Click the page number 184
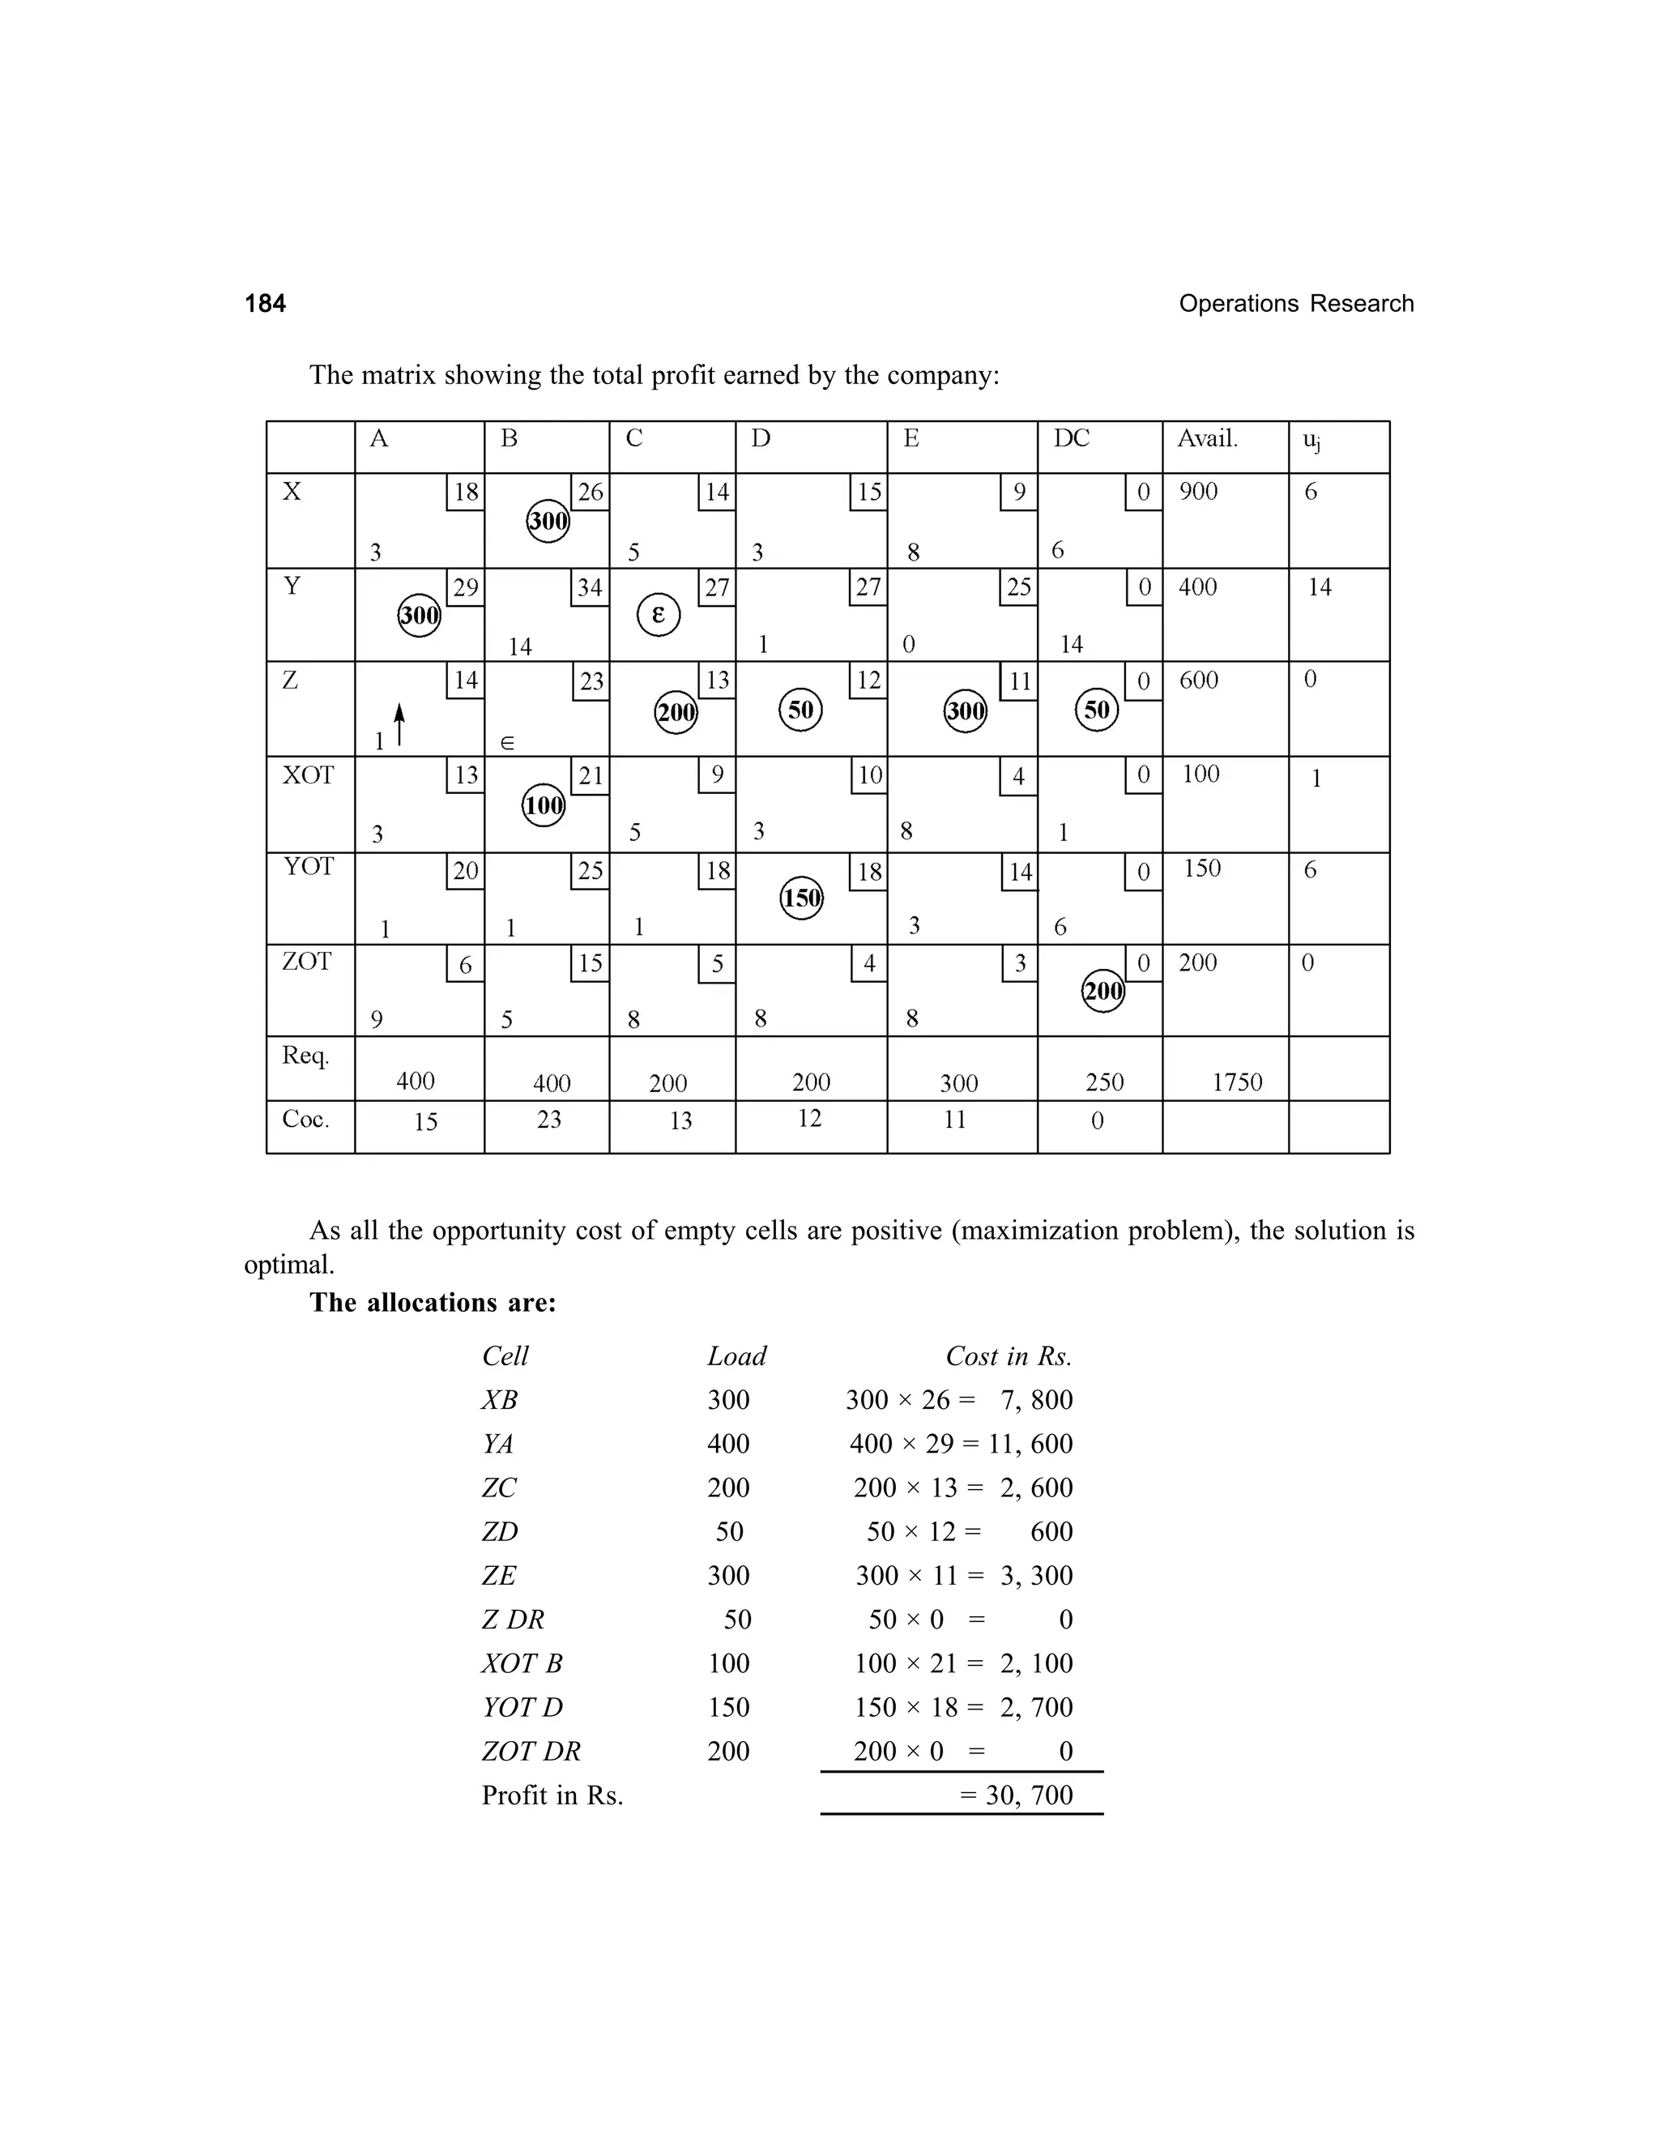pyautogui.click(x=266, y=304)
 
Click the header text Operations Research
pyautogui.click(x=1295, y=304)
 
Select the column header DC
pyautogui.click(x=1071, y=438)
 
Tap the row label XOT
pyautogui.click(x=308, y=775)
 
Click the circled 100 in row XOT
pyautogui.click(x=544, y=805)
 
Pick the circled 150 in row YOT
pyautogui.click(x=801, y=898)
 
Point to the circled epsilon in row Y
pyautogui.click(x=659, y=616)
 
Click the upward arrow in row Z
pyautogui.click(x=399, y=724)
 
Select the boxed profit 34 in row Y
pyautogui.click(x=590, y=588)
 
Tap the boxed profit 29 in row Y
pyautogui.click(x=465, y=588)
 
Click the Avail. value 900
pyautogui.click(x=1198, y=492)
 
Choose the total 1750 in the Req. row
pyautogui.click(x=1236, y=1082)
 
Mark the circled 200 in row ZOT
pyautogui.click(x=1102, y=990)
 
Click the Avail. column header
pyautogui.click(x=1207, y=438)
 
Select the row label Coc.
pyautogui.click(x=305, y=1120)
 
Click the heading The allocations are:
pyautogui.click(x=433, y=1303)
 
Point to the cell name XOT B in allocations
pyautogui.click(x=522, y=1663)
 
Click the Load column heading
pyautogui.click(x=736, y=1356)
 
